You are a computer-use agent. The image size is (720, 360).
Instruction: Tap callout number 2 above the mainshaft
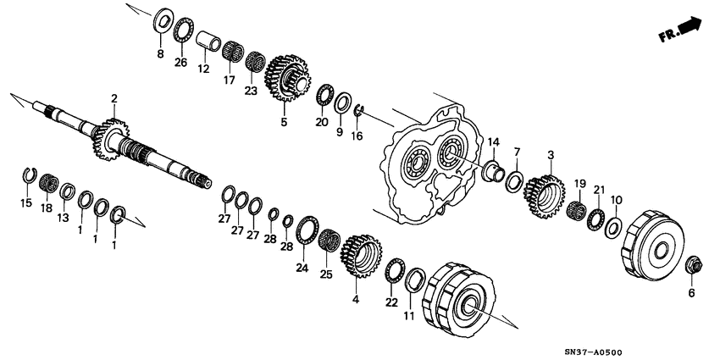[114, 100]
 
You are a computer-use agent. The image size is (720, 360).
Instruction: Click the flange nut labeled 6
[690, 264]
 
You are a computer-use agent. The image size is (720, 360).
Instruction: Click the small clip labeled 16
[359, 108]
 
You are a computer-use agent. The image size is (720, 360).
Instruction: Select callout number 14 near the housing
[493, 141]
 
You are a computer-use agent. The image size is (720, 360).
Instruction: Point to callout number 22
[390, 302]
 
